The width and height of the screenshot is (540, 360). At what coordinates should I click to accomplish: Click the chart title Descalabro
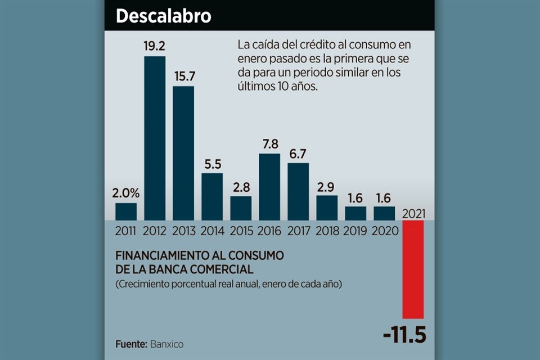point(163,16)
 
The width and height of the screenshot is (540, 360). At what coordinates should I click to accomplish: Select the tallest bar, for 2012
point(155,138)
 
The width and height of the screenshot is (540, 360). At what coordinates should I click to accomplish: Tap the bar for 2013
point(183,152)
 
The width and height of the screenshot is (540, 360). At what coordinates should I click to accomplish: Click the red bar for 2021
point(413,269)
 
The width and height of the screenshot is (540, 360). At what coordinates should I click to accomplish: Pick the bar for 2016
point(269,186)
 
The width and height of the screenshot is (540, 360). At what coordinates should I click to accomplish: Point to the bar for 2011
point(126,211)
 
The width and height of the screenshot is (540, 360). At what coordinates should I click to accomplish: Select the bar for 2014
point(212,196)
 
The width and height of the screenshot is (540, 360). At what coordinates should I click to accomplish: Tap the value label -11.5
point(404,336)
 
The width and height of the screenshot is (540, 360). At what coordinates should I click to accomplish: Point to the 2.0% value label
point(126,193)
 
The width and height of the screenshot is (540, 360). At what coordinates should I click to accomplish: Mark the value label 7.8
point(269,145)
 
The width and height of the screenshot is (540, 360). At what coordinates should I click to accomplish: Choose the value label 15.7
point(183,76)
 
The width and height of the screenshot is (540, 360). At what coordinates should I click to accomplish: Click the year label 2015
point(241,231)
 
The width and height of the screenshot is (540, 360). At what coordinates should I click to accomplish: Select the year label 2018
point(327,231)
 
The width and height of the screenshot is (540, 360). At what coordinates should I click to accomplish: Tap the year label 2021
point(413,213)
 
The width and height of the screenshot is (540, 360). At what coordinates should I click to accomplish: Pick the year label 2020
point(384,231)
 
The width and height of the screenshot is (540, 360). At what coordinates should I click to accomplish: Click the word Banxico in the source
point(167,344)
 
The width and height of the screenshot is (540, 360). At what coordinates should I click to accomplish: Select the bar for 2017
point(298,191)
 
